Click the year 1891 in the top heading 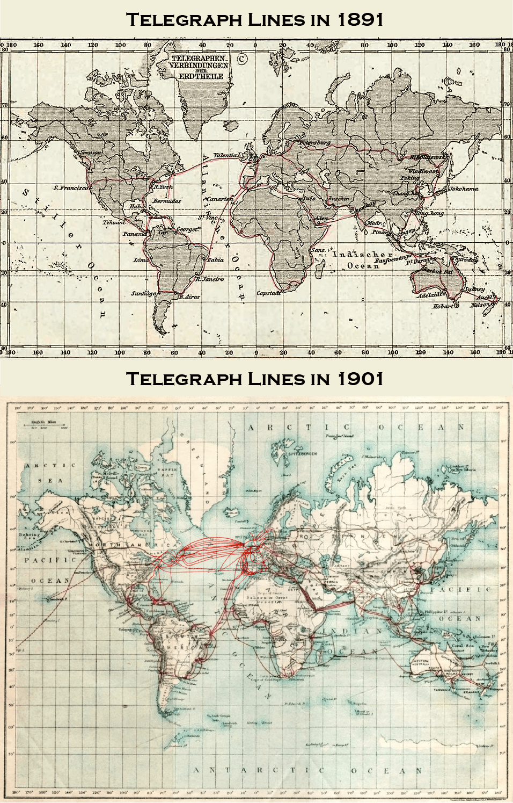point(360,20)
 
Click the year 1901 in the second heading point(360,379)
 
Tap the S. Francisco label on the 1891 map point(71,188)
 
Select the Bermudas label point(166,201)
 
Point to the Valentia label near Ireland point(226,155)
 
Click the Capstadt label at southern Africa point(269,293)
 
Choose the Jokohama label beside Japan point(463,189)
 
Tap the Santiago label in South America point(144,294)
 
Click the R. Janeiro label point(209,279)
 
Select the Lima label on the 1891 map point(141,260)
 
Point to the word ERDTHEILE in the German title point(201,76)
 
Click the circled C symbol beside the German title point(242,59)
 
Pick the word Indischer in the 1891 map point(362,255)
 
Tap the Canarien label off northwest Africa point(219,199)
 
